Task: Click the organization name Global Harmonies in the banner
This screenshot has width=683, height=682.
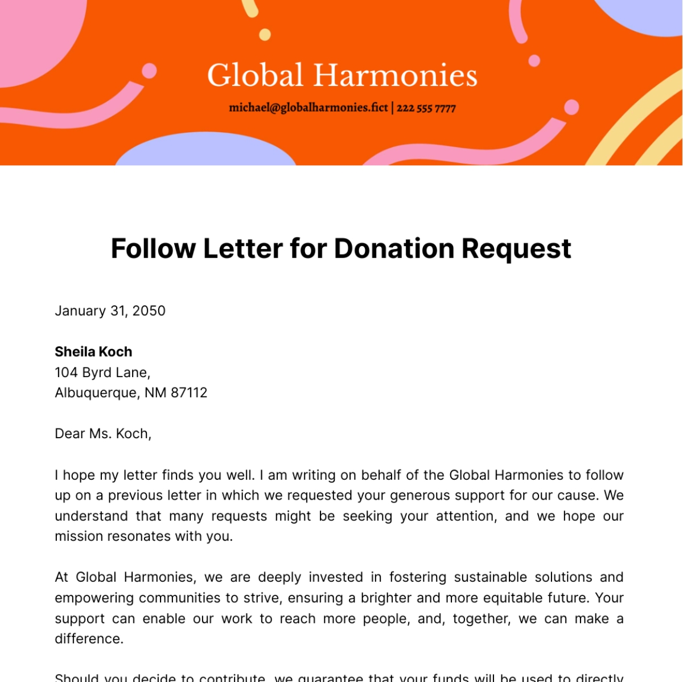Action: click(341, 76)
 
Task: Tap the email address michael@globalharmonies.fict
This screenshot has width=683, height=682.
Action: click(308, 108)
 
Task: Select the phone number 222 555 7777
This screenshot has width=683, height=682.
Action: click(426, 108)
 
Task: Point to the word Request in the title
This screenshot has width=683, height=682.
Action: click(516, 249)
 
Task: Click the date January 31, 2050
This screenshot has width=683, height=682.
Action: click(110, 311)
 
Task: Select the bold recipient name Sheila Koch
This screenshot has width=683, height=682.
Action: click(93, 352)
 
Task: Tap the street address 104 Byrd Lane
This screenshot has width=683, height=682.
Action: click(102, 373)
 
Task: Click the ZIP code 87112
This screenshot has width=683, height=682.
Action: click(189, 393)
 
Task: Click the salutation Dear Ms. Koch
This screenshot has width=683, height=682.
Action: click(102, 434)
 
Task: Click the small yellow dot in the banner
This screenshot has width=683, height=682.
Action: click(265, 35)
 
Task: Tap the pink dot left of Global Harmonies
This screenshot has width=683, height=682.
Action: click(149, 71)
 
